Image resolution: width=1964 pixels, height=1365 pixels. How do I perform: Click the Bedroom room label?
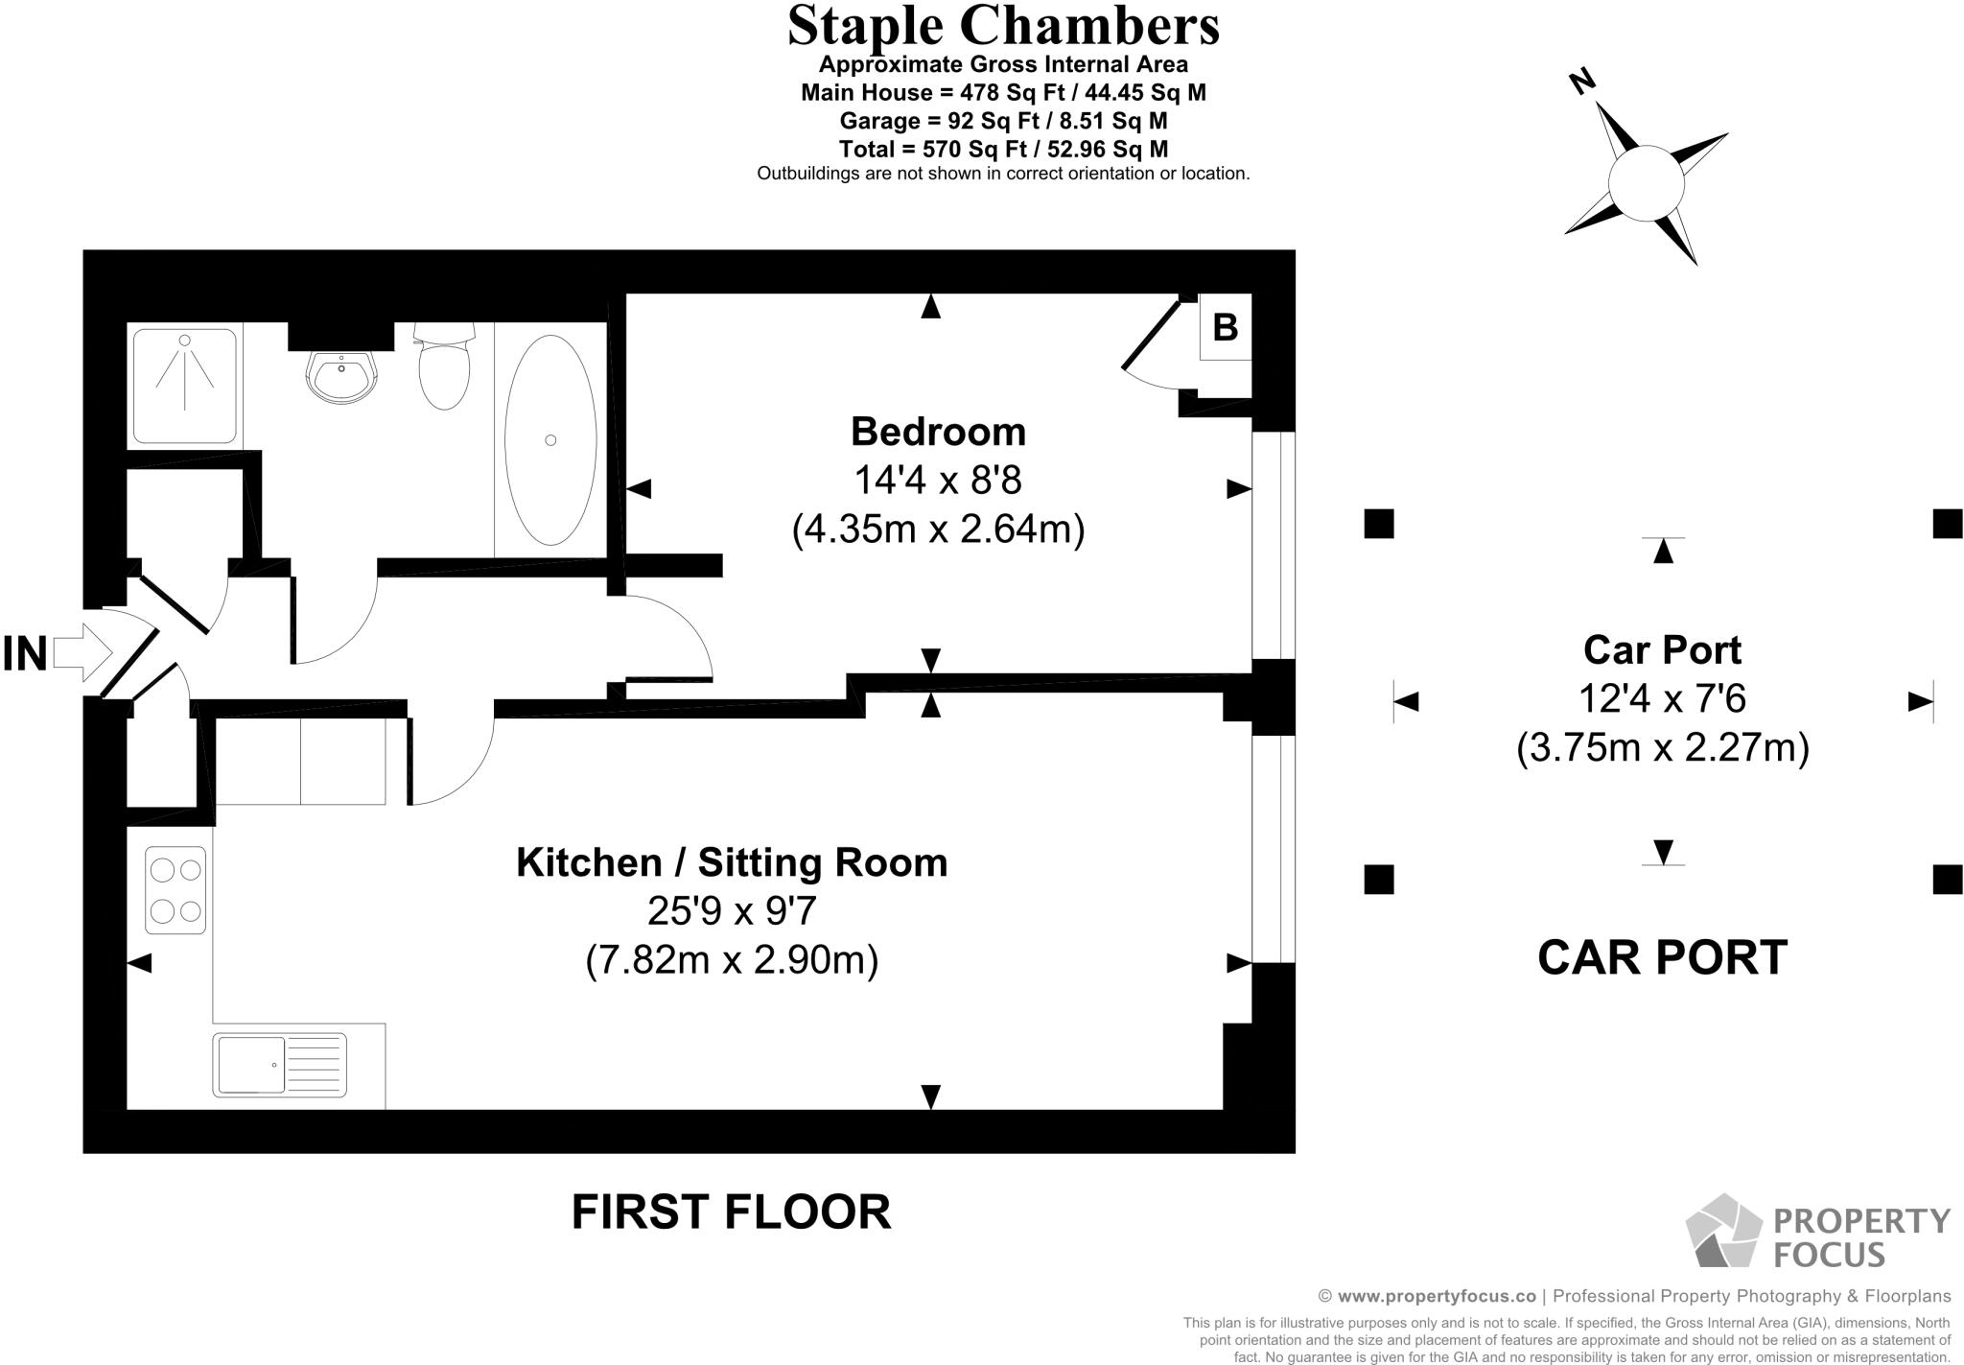(x=938, y=432)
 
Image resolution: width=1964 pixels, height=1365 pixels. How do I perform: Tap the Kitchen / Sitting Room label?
(x=732, y=862)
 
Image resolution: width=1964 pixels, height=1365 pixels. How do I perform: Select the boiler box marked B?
(x=1226, y=327)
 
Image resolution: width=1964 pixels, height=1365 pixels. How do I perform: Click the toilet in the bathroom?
(x=444, y=365)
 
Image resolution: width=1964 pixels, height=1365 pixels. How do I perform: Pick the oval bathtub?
(x=550, y=440)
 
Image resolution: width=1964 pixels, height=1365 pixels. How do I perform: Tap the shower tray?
(x=184, y=387)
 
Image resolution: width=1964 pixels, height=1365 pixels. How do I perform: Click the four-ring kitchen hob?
(x=175, y=890)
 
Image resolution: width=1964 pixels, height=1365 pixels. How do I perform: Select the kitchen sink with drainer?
(x=280, y=1065)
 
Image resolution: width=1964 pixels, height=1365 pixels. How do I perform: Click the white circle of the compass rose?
(x=1647, y=183)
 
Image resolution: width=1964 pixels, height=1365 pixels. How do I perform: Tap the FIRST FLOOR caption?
(x=732, y=1212)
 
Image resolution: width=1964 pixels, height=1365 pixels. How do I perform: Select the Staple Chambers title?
(x=1003, y=26)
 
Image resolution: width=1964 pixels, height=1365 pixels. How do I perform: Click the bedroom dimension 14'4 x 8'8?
(x=938, y=480)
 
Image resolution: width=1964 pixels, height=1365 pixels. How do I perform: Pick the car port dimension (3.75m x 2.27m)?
(x=1663, y=747)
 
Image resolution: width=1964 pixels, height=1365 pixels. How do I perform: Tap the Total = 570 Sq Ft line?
(x=1003, y=149)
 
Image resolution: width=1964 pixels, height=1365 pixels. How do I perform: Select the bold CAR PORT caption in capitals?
(x=1663, y=957)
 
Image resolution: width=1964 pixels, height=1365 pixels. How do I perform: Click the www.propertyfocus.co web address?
(x=1437, y=1296)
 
